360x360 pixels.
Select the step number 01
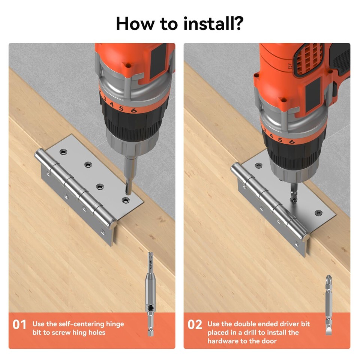coord(19,324)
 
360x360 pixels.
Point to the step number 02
coord(195,324)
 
